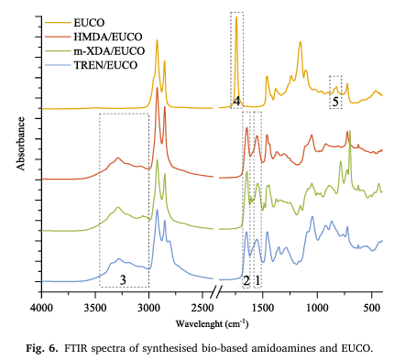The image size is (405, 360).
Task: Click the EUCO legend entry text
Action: [x=89, y=23]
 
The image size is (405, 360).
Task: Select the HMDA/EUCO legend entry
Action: [x=108, y=37]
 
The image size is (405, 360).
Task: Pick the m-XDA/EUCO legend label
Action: [x=109, y=50]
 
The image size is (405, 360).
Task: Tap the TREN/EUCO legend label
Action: [x=105, y=65]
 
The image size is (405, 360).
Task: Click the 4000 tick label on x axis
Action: [x=41, y=308]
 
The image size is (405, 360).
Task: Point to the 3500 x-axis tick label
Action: [x=95, y=308]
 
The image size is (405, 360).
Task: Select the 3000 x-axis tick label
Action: [x=149, y=308]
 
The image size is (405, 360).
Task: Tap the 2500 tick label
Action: [x=202, y=308]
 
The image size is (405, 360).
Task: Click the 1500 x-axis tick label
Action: [x=263, y=308]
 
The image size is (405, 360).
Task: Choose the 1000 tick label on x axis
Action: [x=317, y=308]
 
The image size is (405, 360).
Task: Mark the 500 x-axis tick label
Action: [x=371, y=308]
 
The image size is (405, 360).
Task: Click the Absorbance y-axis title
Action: [x=21, y=144]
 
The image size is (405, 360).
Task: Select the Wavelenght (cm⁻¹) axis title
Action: [x=212, y=323]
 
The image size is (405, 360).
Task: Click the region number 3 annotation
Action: [x=123, y=279]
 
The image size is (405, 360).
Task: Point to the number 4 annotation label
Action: [x=236, y=101]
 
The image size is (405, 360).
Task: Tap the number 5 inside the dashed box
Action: [x=335, y=102]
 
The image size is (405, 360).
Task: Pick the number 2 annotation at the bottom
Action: [x=246, y=280]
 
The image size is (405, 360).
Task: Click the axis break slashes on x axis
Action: [x=216, y=291]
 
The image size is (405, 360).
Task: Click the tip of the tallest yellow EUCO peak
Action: [x=236, y=16]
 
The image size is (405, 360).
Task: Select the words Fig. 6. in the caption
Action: [x=41, y=348]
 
